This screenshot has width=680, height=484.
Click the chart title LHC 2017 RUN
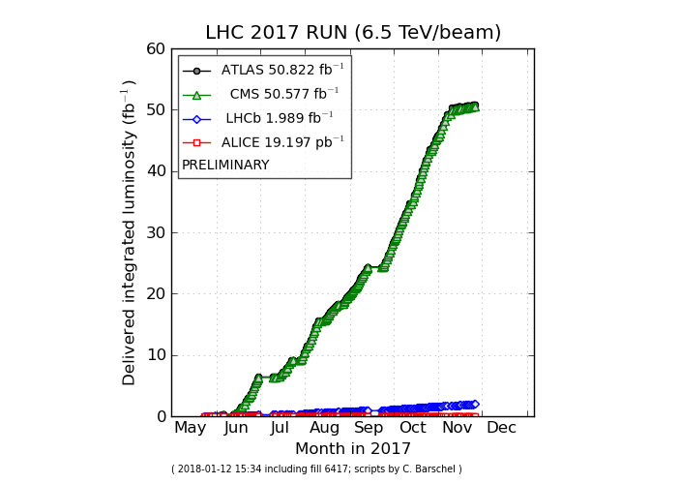click(x=353, y=33)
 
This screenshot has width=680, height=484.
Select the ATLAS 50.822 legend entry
click(x=281, y=71)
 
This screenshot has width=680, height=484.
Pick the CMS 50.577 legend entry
click(x=283, y=94)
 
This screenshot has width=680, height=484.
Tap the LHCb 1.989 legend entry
click(x=280, y=118)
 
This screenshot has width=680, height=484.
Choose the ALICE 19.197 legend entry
click(x=282, y=142)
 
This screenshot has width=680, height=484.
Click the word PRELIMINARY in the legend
click(x=225, y=166)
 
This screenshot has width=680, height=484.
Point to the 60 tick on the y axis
click(x=156, y=49)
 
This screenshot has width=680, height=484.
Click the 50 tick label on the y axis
click(x=156, y=110)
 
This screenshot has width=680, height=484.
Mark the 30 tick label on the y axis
click(x=156, y=233)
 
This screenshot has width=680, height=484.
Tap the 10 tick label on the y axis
click(x=156, y=355)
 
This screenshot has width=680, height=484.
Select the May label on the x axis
click(x=190, y=428)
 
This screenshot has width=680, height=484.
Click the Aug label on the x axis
click(x=324, y=428)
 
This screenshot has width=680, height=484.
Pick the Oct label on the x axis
click(x=413, y=428)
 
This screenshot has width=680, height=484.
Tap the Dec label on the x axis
click(x=501, y=428)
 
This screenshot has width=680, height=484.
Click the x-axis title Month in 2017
click(x=353, y=449)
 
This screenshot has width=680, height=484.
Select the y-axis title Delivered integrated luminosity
click(x=130, y=232)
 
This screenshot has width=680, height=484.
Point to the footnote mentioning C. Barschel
click(x=316, y=469)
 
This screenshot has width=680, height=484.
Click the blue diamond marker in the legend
click(x=196, y=118)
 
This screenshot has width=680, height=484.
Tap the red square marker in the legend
click(x=196, y=142)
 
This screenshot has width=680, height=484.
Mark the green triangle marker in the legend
click(x=196, y=94)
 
